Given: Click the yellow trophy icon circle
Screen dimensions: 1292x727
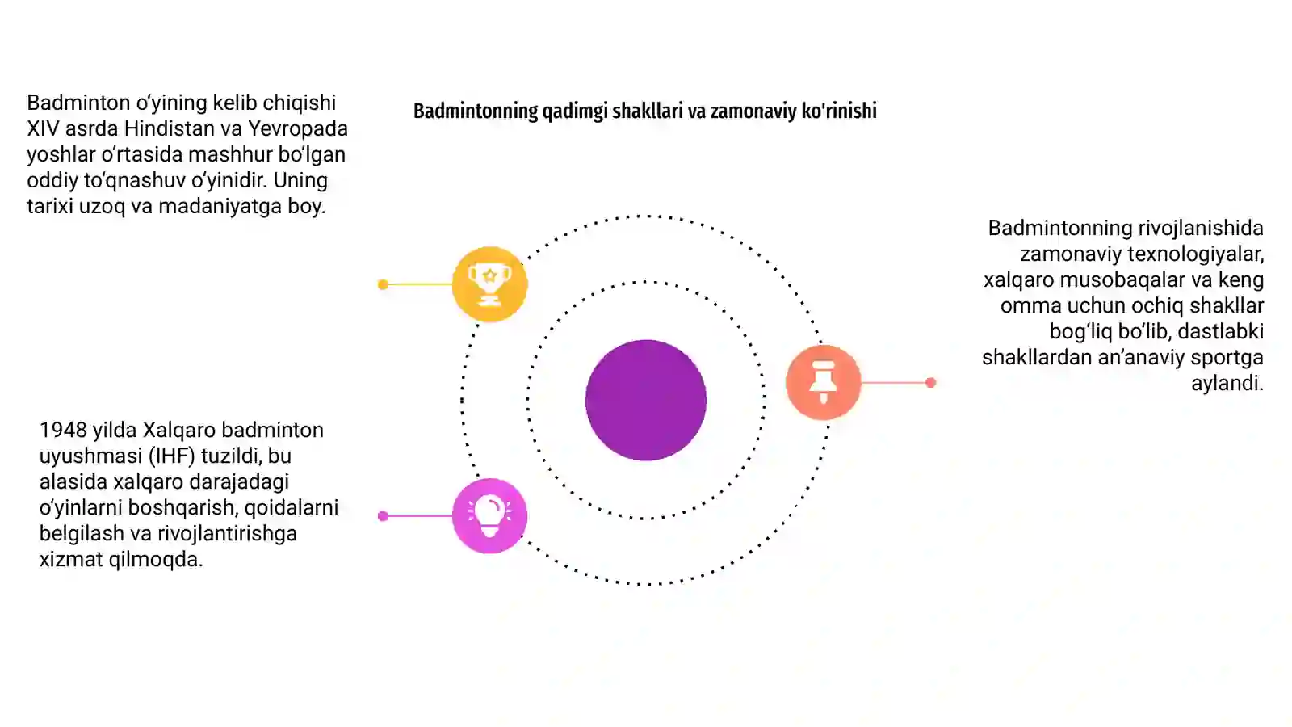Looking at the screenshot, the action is [x=489, y=284].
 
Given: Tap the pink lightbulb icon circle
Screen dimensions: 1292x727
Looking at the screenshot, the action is [x=489, y=516].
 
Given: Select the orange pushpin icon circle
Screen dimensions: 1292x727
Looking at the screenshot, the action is [x=824, y=383].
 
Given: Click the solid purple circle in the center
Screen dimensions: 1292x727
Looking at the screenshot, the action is [x=646, y=401].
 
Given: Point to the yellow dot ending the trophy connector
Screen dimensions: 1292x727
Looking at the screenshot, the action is [x=383, y=284].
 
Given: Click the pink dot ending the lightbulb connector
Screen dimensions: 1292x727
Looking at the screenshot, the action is [x=383, y=516].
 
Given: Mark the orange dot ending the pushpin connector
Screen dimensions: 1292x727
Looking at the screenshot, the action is [x=930, y=383].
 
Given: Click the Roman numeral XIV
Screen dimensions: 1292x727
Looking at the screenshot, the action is [x=44, y=128].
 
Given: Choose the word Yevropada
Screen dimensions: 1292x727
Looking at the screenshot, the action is [x=298, y=128].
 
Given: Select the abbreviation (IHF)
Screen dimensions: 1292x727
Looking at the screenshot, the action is [x=171, y=456].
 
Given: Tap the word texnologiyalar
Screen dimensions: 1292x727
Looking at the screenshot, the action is [x=1195, y=254].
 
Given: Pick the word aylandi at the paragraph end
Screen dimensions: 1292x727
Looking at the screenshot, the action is [x=1227, y=383].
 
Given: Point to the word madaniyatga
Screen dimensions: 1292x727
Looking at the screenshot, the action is [x=220, y=206].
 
